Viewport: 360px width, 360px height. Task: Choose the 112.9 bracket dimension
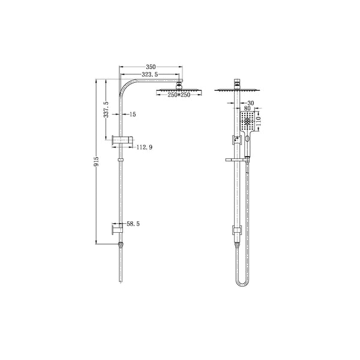[143, 147]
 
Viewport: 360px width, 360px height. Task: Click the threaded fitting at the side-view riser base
[122, 244]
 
